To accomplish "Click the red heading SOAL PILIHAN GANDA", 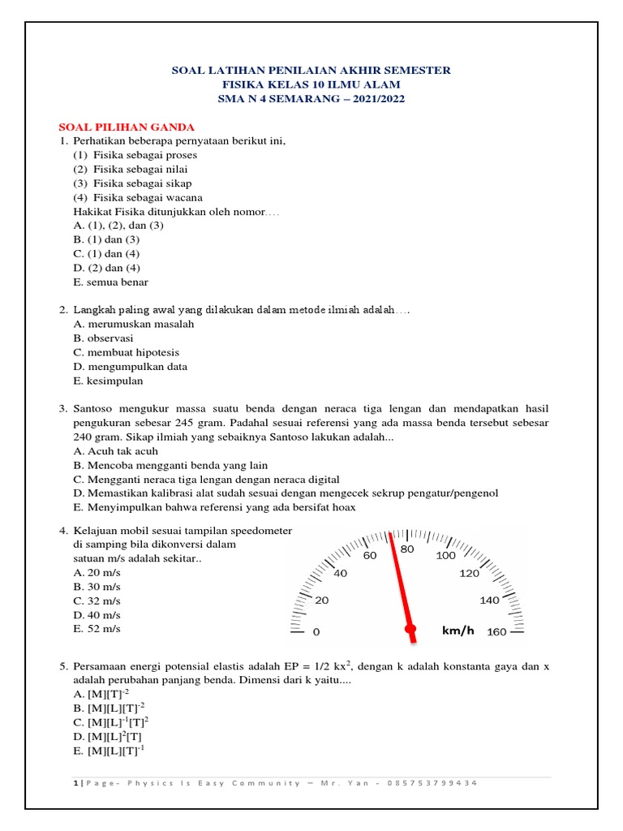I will (127, 127).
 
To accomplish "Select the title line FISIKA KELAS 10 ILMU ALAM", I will (311, 84).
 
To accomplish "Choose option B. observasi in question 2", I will (103, 338).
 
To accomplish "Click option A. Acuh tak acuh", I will (115, 450).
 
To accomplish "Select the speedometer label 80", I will (408, 549).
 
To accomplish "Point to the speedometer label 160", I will (496, 631).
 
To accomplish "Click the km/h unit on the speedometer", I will (458, 631).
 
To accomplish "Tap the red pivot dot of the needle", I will (410, 629).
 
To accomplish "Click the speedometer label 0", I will (316, 631).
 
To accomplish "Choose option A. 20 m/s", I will (97, 572).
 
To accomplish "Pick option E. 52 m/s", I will (97, 629).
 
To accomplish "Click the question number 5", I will (62, 666).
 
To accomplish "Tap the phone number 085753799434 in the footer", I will (434, 782).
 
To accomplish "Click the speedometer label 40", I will (340, 573).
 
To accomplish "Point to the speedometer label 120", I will (470, 573).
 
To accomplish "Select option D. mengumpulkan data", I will (130, 366).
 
